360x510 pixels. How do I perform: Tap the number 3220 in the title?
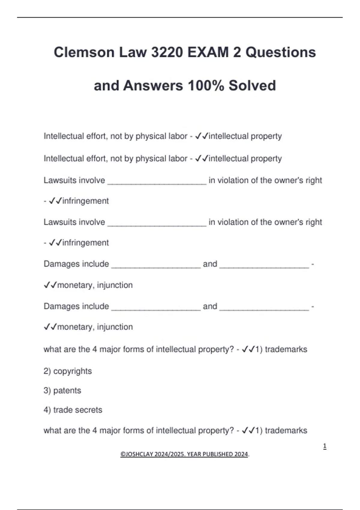pyautogui.click(x=167, y=52)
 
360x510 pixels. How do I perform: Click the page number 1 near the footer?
pyautogui.click(x=325, y=446)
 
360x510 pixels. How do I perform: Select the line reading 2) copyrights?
pyautogui.click(x=67, y=371)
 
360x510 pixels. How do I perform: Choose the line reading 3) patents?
pyautogui.click(x=62, y=391)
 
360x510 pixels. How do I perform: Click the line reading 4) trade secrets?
pyautogui.click(x=73, y=410)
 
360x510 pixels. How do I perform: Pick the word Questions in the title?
pyautogui.click(x=280, y=52)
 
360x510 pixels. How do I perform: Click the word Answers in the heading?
pyautogui.click(x=153, y=85)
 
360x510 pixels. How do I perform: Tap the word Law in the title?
pyautogui.click(x=133, y=52)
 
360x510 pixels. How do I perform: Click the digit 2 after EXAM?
pyautogui.click(x=237, y=52)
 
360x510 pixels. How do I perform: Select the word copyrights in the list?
pyautogui.click(x=72, y=371)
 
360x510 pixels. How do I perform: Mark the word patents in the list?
pyautogui.click(x=67, y=391)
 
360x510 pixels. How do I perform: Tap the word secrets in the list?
pyautogui.click(x=89, y=410)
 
